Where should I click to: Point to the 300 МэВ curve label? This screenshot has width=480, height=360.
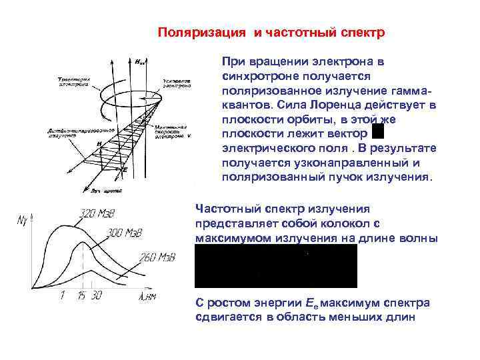124,234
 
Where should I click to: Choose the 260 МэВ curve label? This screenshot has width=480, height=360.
157,258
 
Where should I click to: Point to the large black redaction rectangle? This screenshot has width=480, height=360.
276,265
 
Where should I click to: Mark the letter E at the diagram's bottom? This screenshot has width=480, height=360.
125,170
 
